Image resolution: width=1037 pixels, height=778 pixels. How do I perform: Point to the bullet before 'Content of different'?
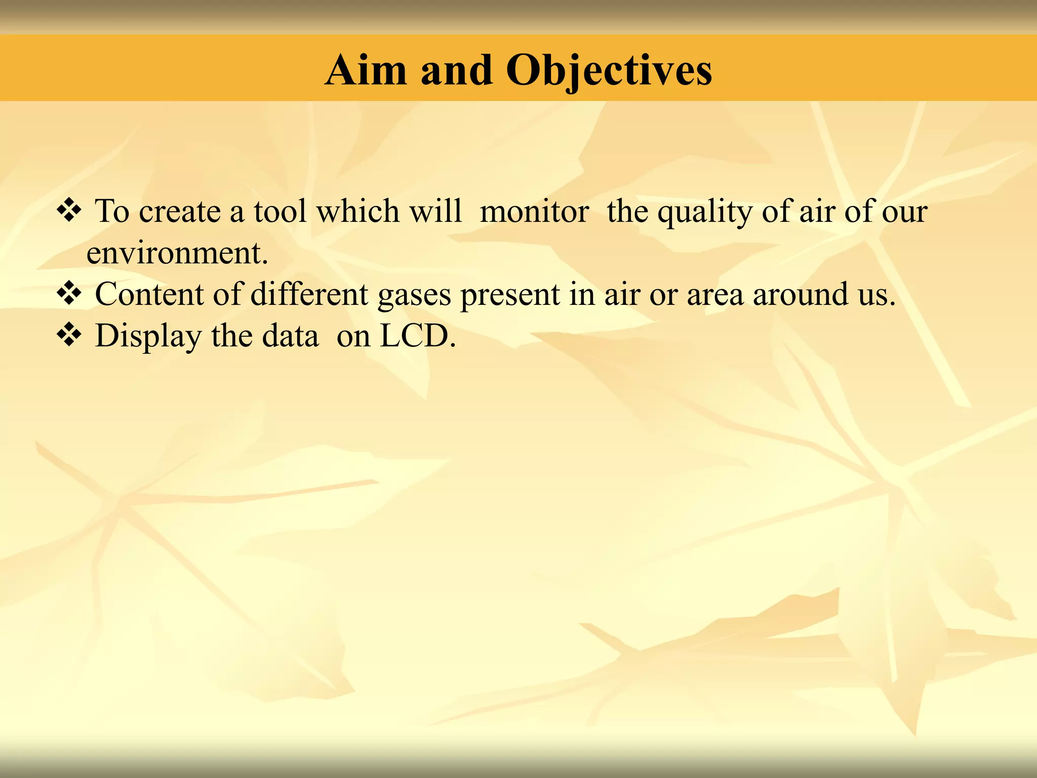[x=69, y=293]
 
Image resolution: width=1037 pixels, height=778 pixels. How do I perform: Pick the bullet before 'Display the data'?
[x=69, y=335]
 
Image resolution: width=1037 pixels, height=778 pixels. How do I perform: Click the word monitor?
[x=534, y=211]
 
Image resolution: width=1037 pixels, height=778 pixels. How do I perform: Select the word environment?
[x=177, y=253]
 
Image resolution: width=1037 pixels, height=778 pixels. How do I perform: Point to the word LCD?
[x=417, y=335]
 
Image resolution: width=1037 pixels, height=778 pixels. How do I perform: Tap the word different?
[x=309, y=294]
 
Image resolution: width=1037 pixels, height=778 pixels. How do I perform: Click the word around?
[x=800, y=294]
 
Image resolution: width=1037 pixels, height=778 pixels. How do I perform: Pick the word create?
[x=180, y=211]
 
